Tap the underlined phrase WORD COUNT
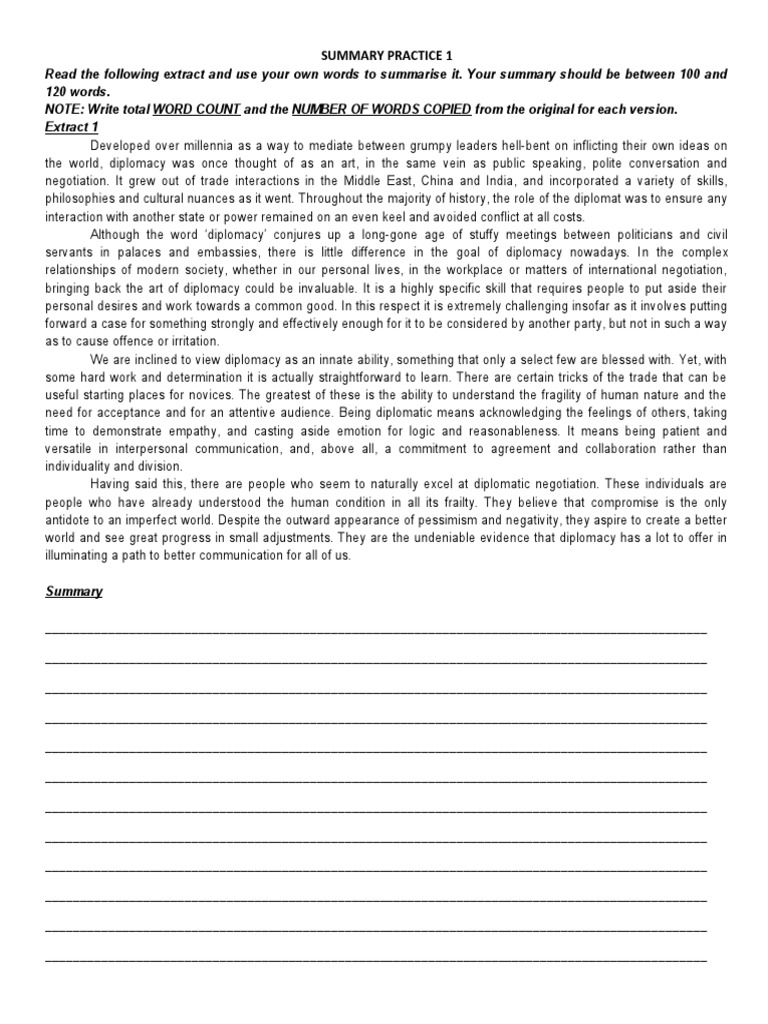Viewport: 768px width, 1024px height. [196, 109]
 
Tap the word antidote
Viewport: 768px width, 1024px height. [71, 520]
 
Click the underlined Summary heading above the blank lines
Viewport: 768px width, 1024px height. [73, 591]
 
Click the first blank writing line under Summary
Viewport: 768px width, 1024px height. [376, 632]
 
